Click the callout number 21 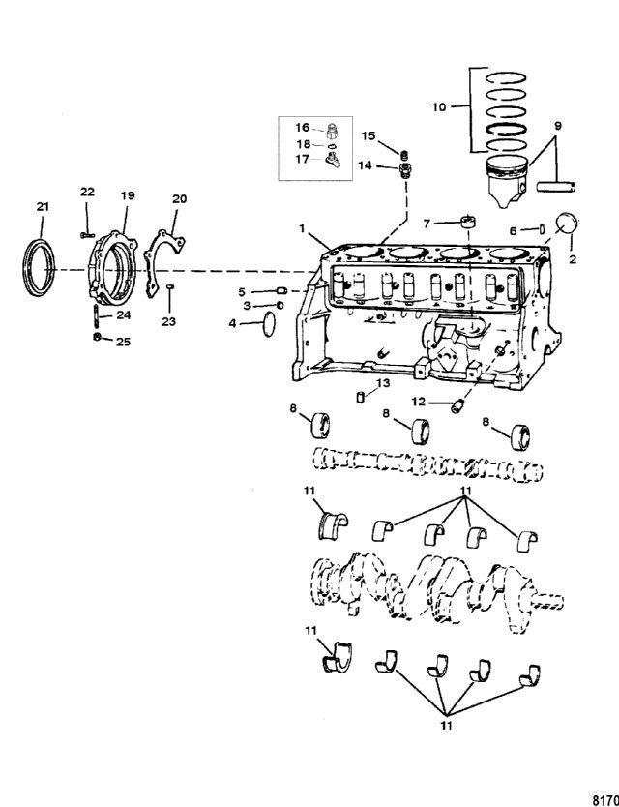click(x=43, y=207)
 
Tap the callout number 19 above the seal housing click(x=128, y=195)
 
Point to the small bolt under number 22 click(x=87, y=235)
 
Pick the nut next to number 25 click(x=97, y=337)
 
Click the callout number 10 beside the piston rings click(x=439, y=108)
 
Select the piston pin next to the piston click(x=556, y=186)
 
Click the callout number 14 click(x=365, y=165)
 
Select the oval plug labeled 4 click(x=270, y=325)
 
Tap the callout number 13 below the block click(x=383, y=383)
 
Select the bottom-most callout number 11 click(x=446, y=726)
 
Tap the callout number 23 click(x=168, y=322)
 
